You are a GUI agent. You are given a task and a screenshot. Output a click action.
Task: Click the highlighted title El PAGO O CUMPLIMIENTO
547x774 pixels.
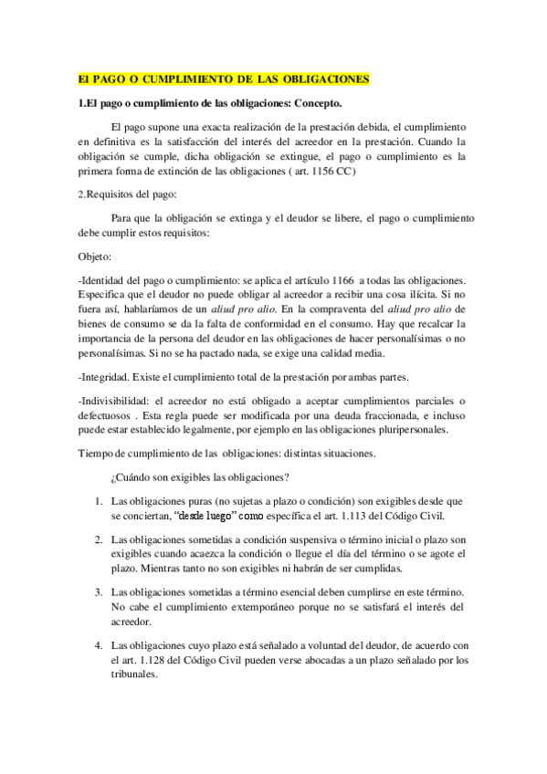(223, 79)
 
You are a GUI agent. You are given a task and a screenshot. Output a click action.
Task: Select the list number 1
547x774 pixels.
(98, 501)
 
